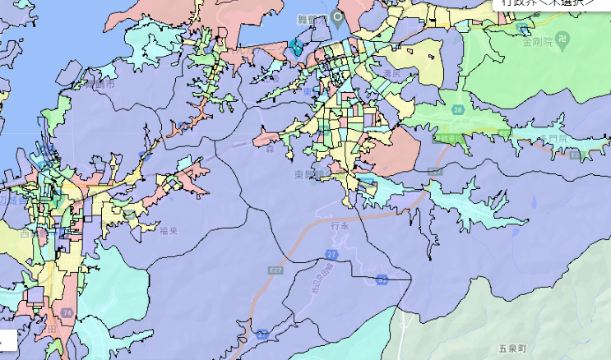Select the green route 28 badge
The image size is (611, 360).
(x=457, y=109)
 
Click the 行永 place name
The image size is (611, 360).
(x=340, y=224)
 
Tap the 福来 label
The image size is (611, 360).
(x=169, y=231)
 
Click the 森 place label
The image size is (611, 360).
(x=268, y=150)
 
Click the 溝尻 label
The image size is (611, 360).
(x=392, y=73)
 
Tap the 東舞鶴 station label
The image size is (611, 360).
(x=308, y=175)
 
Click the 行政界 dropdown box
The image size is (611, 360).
(x=550, y=4)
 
